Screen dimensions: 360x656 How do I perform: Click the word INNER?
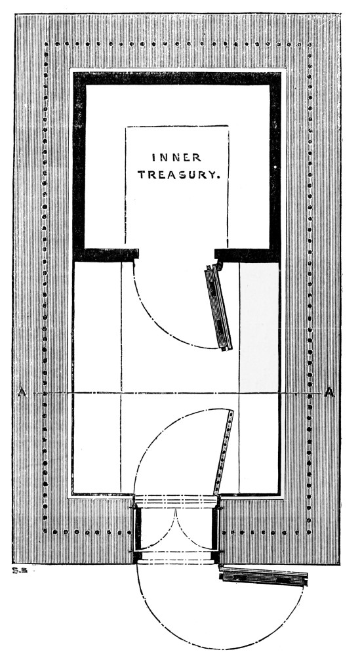176,157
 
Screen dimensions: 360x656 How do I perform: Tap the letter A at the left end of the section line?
22,392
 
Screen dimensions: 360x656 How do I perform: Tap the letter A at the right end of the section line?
329,392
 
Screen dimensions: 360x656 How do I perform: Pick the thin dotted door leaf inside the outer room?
224,452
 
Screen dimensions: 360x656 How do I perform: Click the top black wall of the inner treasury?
177,79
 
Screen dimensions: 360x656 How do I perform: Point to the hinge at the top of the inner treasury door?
218,264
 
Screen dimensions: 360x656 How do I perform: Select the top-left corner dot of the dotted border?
46,43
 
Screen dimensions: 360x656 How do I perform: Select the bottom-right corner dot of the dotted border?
310,533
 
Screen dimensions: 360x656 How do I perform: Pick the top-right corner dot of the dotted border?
310,44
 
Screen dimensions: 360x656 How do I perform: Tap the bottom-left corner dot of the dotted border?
45,532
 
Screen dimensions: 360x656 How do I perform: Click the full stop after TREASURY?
218,178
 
